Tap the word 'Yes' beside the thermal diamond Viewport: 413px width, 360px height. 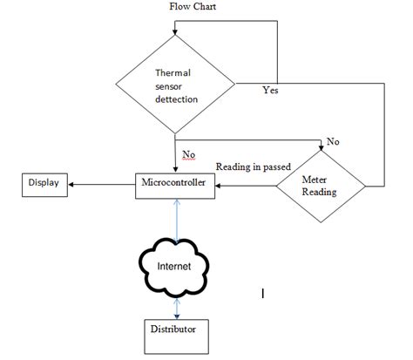269,91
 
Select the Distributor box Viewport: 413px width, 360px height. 177,330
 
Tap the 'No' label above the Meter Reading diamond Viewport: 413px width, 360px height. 332,141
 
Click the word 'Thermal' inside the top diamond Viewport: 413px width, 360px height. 173,73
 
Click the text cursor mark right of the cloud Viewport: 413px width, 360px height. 263,294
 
